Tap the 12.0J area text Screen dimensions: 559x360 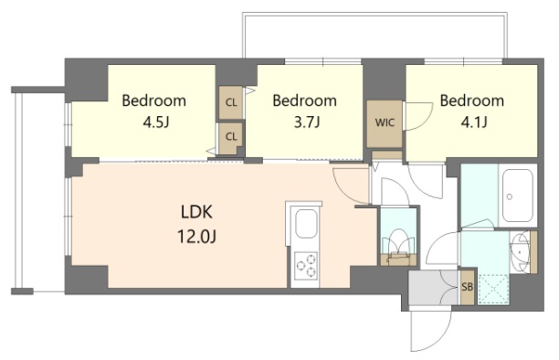[196, 237]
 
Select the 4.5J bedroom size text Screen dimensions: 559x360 [155, 122]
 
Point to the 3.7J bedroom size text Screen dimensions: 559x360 [306, 122]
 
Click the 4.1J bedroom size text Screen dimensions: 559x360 [474, 122]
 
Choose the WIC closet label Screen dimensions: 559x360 [385, 122]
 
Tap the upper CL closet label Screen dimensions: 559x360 [231, 102]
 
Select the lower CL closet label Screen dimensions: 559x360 [231, 137]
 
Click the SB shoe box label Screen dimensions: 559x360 [467, 287]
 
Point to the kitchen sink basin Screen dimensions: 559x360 [306, 224]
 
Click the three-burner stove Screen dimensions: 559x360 [306, 266]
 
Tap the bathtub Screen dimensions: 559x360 [517, 196]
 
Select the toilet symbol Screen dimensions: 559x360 [398, 247]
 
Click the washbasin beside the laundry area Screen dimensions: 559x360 [520, 252]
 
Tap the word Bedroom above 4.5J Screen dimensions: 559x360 [154, 101]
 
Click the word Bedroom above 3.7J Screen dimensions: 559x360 [305, 101]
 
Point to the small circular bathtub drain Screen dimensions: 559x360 [510, 196]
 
